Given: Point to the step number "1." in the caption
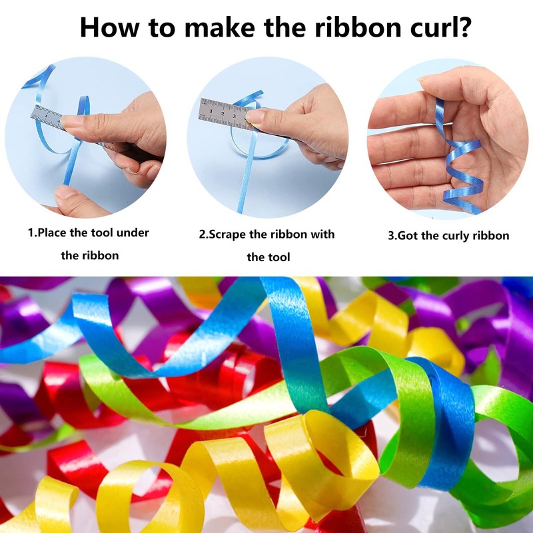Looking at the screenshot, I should (x=32, y=233).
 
